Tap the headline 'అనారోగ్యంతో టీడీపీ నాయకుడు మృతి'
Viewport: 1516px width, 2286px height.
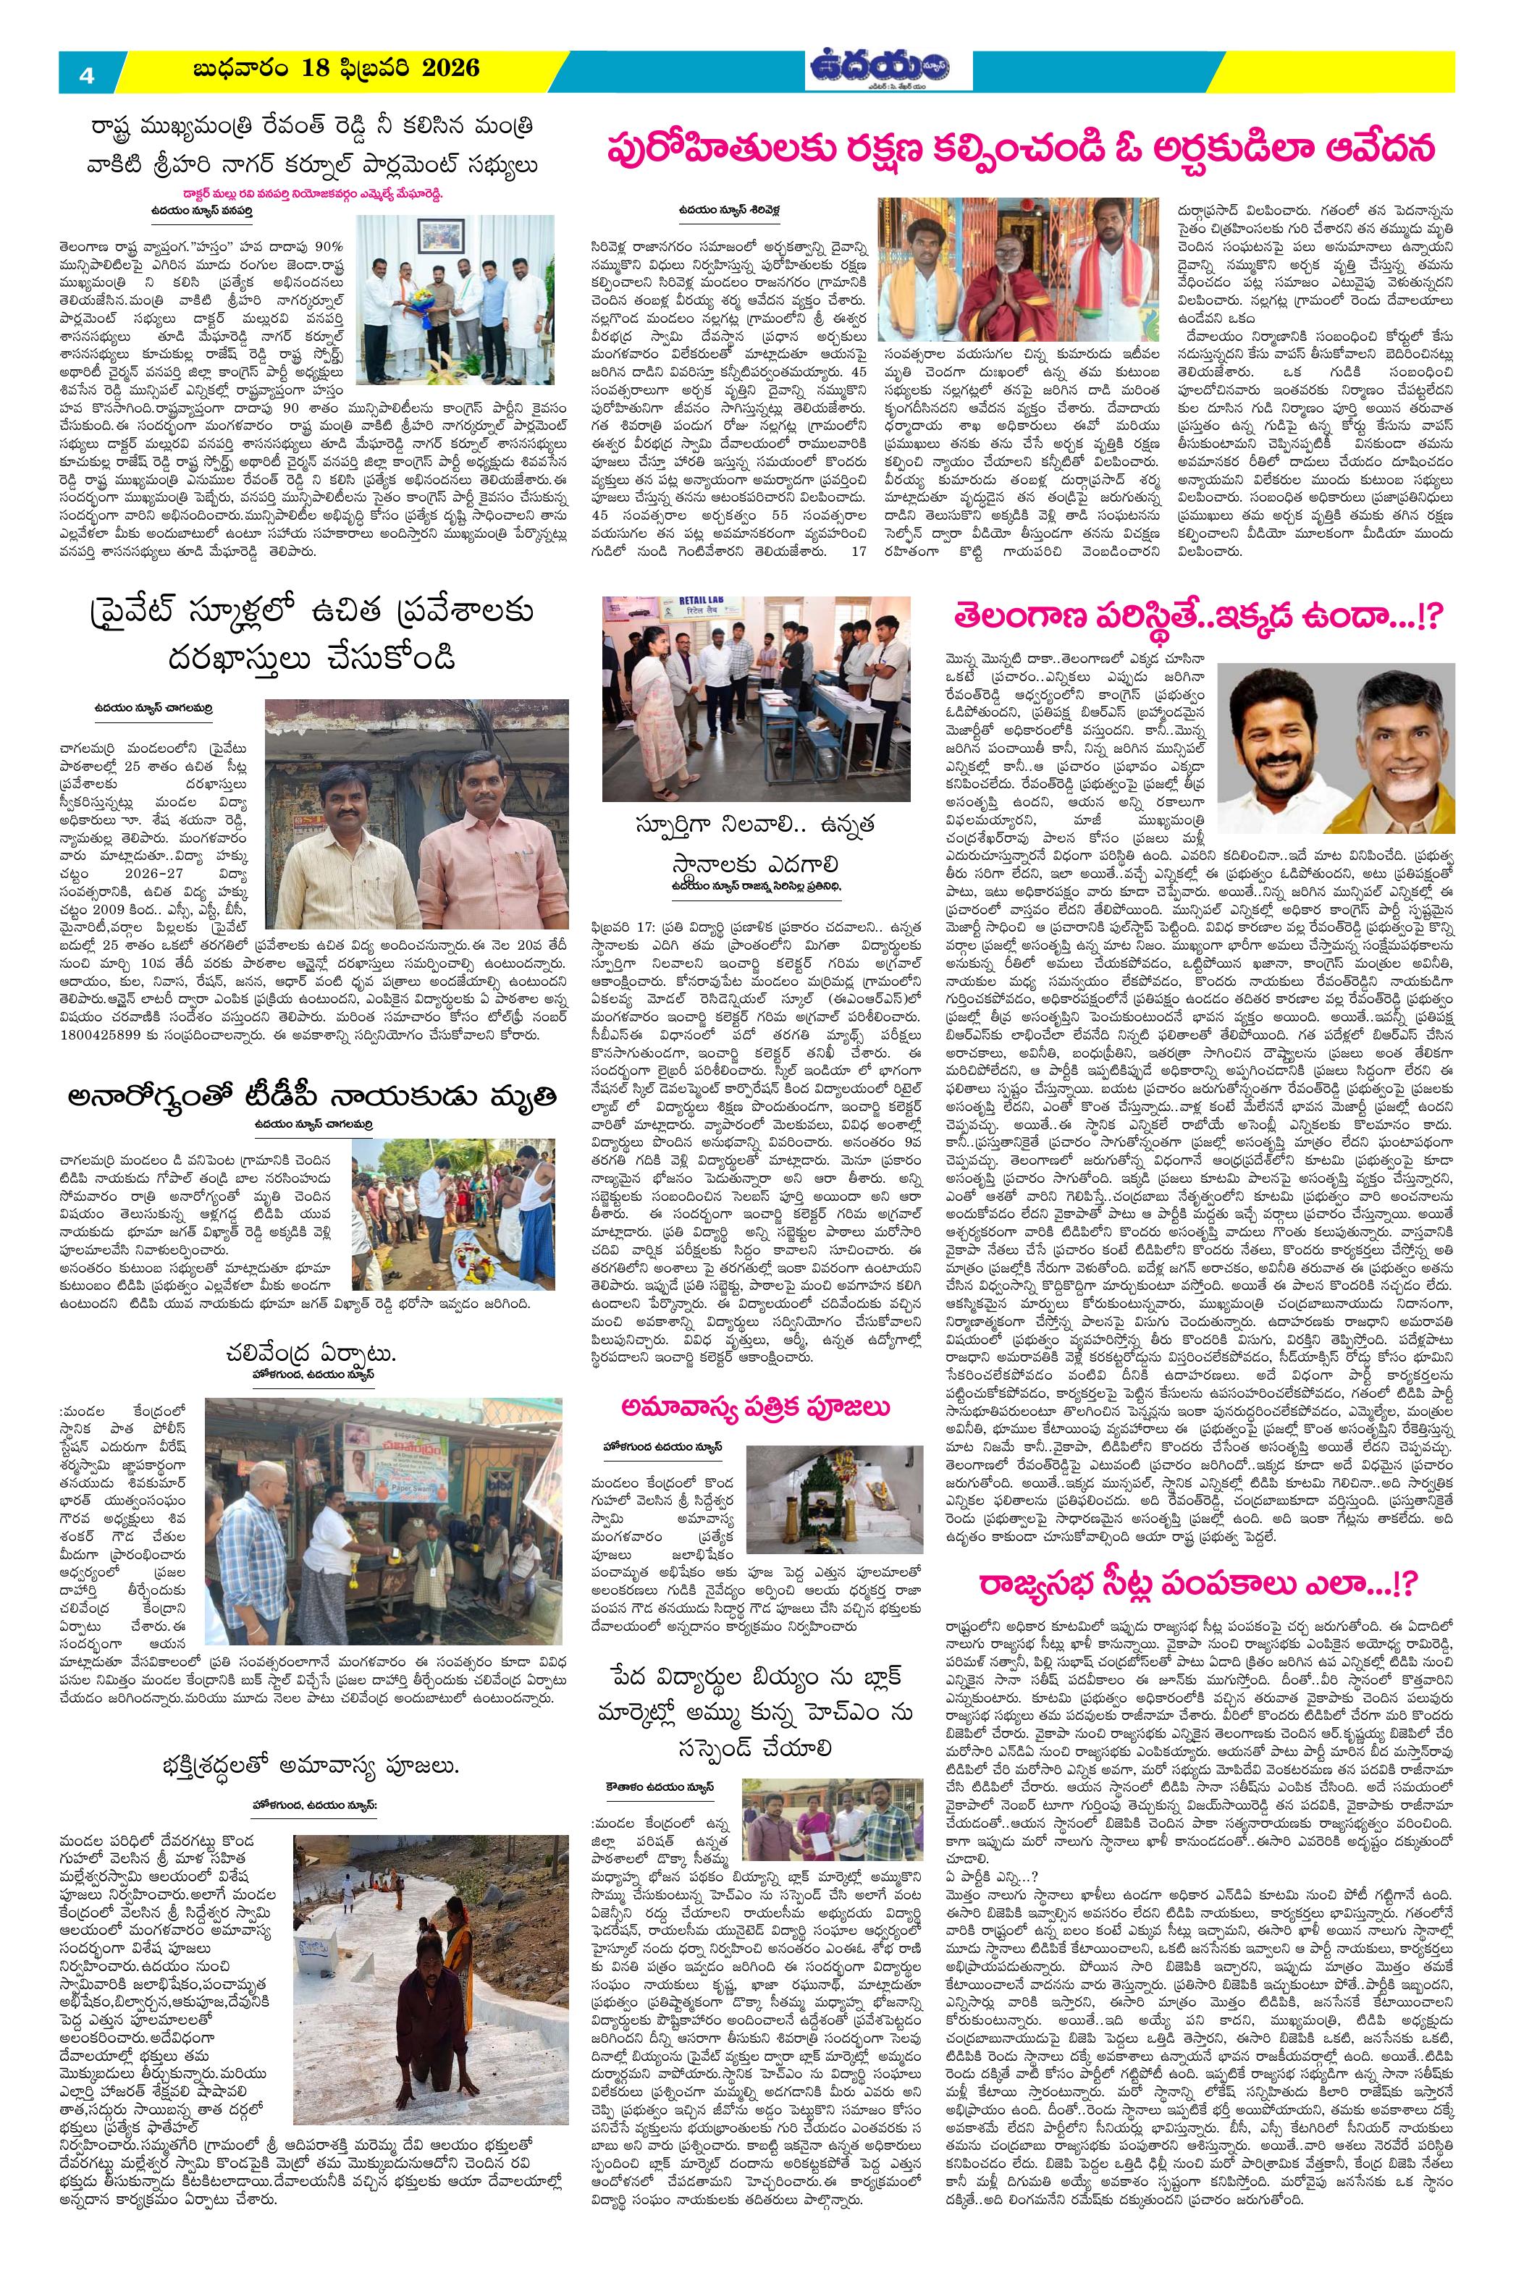[x=311, y=1095]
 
